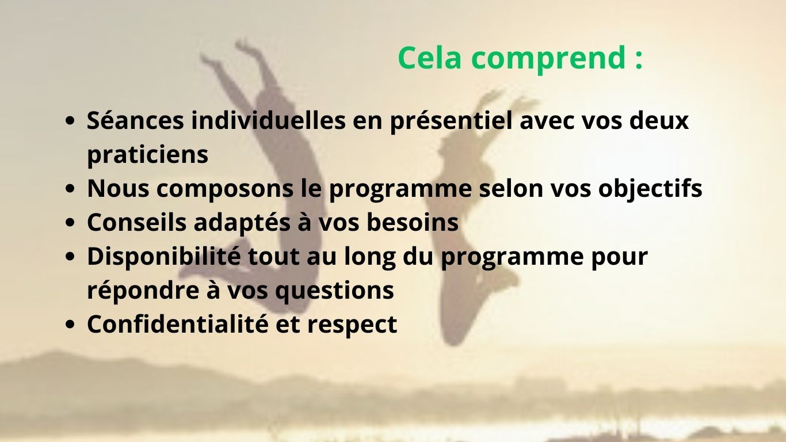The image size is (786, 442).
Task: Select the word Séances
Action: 135,120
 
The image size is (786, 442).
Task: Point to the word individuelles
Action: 269,120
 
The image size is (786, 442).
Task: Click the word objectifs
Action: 650,189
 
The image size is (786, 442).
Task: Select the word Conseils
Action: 136,222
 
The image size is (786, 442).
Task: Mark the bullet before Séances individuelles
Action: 70,121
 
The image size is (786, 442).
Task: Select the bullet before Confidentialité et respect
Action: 70,325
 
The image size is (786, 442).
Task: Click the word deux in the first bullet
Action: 659,120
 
